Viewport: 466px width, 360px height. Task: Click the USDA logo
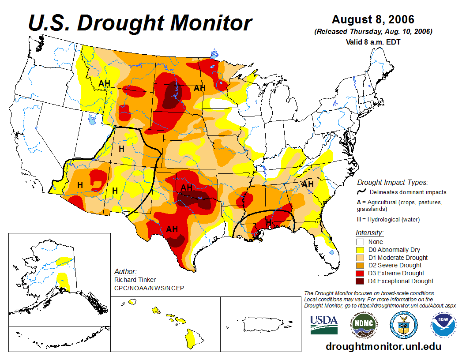323,324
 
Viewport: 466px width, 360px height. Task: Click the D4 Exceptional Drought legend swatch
360,281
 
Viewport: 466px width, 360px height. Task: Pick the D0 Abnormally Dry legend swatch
360,250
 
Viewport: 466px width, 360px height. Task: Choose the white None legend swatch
360,242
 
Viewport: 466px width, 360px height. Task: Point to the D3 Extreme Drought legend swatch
360,273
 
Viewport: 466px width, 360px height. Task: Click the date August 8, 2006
373,20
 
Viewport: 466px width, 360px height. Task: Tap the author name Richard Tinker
135,280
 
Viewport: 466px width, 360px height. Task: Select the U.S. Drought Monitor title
140,23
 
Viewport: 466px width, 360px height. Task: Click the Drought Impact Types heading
392,182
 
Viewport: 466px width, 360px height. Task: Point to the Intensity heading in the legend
369,232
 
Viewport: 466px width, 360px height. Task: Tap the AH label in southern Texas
172,229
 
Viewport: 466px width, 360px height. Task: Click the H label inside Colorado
121,149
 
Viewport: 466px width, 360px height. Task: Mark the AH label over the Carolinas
307,184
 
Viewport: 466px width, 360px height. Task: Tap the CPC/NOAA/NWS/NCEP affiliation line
149,288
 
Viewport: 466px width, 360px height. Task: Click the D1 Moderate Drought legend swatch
360,258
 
